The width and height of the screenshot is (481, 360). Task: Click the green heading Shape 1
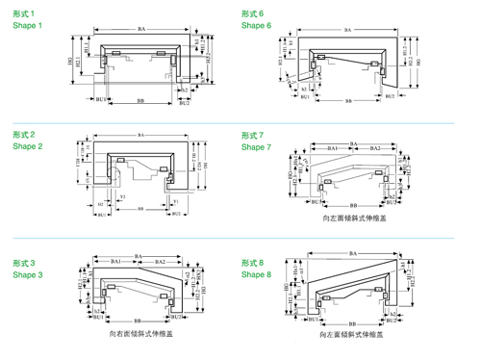(x=28, y=25)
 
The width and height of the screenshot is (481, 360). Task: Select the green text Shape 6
(x=257, y=25)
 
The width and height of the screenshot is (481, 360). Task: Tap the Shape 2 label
(x=28, y=146)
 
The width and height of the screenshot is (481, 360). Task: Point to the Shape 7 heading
(x=257, y=146)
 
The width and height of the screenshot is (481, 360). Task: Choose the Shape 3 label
(x=28, y=275)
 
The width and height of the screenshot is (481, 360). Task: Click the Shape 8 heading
(x=257, y=275)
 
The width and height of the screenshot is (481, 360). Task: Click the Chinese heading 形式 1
(x=24, y=13)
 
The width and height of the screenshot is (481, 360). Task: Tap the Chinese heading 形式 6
(x=253, y=13)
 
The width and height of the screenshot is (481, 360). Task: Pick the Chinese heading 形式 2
(x=24, y=134)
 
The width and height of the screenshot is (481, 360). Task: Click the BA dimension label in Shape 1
(x=140, y=31)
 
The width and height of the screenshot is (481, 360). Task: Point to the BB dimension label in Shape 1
(x=141, y=99)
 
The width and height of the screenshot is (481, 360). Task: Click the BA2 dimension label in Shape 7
(x=375, y=147)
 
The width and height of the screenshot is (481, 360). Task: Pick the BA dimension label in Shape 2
(x=141, y=135)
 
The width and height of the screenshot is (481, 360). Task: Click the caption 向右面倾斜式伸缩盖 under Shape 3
(x=142, y=333)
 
